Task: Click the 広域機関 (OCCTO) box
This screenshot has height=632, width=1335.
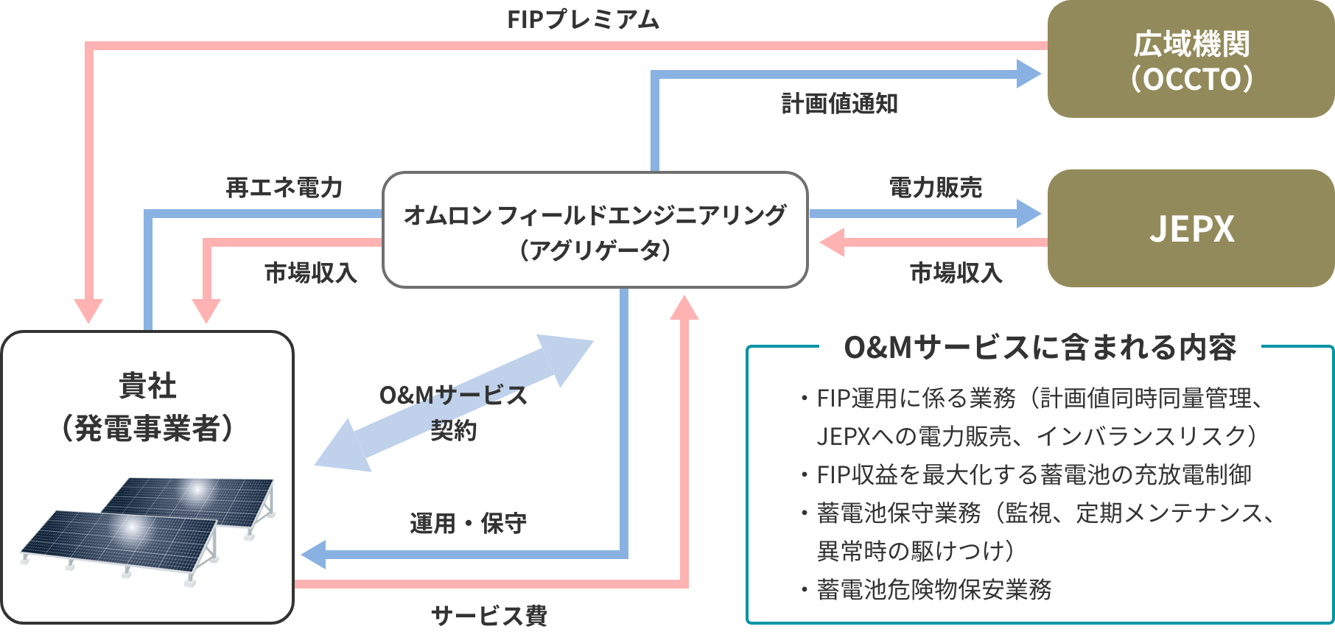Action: point(1191,59)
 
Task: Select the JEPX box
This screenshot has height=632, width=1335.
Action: point(1191,228)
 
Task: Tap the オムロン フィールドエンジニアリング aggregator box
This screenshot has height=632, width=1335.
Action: point(595,230)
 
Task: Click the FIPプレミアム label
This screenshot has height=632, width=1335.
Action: point(583,19)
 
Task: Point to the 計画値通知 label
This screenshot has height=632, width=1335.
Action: point(839,104)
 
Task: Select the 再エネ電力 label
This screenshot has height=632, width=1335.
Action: point(284,188)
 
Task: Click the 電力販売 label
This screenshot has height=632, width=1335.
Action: point(936,188)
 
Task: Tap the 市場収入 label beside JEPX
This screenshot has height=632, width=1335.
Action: point(956,273)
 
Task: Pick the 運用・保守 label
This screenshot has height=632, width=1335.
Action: point(469,524)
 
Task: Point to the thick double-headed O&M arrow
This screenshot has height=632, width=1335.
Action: point(454,403)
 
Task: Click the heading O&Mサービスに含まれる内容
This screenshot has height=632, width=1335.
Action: point(1040,347)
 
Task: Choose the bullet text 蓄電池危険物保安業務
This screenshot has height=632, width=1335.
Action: point(934,589)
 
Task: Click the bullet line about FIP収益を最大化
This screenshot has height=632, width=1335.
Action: point(1034,474)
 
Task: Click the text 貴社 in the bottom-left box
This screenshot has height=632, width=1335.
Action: point(147,386)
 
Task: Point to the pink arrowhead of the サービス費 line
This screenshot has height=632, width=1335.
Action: point(684,307)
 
